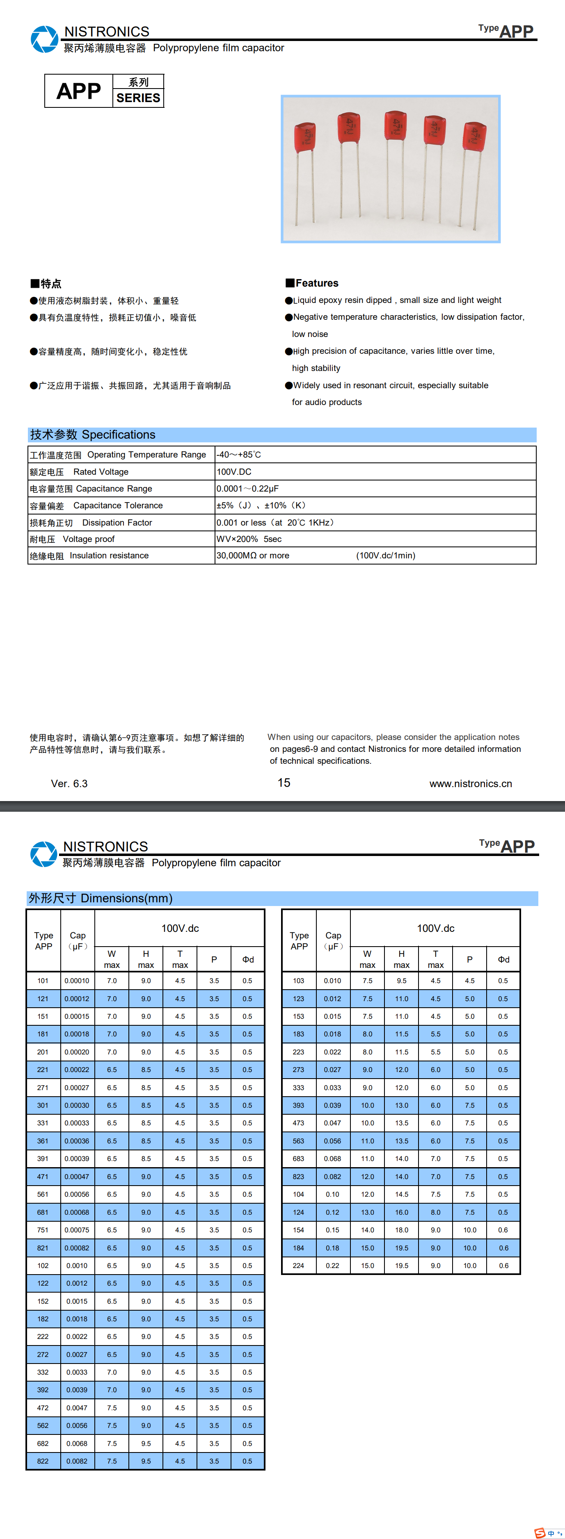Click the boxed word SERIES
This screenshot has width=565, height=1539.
(x=138, y=98)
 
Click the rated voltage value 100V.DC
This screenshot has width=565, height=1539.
(x=234, y=472)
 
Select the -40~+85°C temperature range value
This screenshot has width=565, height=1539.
(x=238, y=455)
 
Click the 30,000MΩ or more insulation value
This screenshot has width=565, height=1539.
(x=253, y=555)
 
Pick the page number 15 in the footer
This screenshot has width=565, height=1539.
(x=284, y=783)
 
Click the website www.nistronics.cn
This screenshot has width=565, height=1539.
(x=471, y=784)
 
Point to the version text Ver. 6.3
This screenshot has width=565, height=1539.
(x=69, y=784)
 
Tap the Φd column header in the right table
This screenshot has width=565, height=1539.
(x=503, y=959)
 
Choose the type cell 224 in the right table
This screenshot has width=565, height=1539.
(x=298, y=1266)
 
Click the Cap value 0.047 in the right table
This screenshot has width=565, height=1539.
(x=332, y=1123)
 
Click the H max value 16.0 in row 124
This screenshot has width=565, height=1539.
(x=401, y=1212)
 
